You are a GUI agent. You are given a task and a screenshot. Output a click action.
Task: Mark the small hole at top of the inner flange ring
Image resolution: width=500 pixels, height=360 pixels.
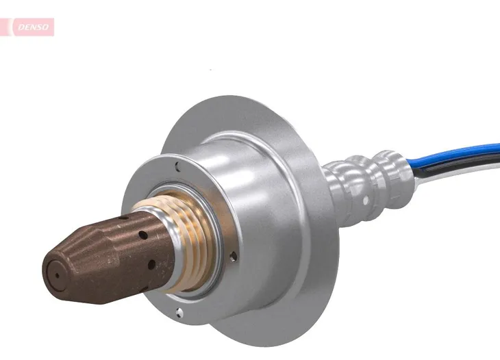(x=177, y=164)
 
